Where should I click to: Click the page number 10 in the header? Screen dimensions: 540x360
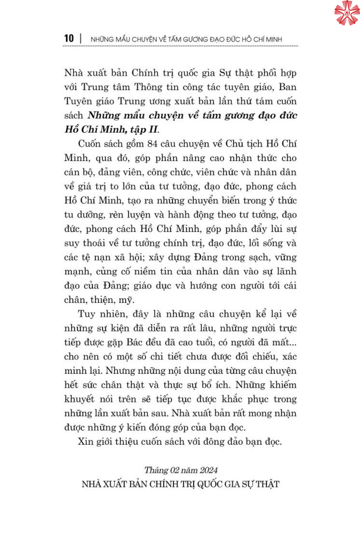pos(69,39)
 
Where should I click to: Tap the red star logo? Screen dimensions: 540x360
pos(347,13)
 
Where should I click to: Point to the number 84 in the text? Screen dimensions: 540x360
pos(152,144)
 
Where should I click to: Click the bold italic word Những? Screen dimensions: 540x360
pos(99,116)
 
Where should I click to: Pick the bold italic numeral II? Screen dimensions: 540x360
pos(153,130)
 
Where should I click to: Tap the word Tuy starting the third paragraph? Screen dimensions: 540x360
pos(86,314)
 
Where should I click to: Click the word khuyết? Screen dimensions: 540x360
pos(79,399)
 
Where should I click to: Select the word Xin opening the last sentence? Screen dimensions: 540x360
pos(85,442)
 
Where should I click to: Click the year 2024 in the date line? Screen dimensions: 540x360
pos(208,470)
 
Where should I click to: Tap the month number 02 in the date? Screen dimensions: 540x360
pos(175,470)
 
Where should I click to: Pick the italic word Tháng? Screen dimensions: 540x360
pos(156,470)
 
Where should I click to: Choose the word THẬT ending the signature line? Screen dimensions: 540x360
pos(267,484)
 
